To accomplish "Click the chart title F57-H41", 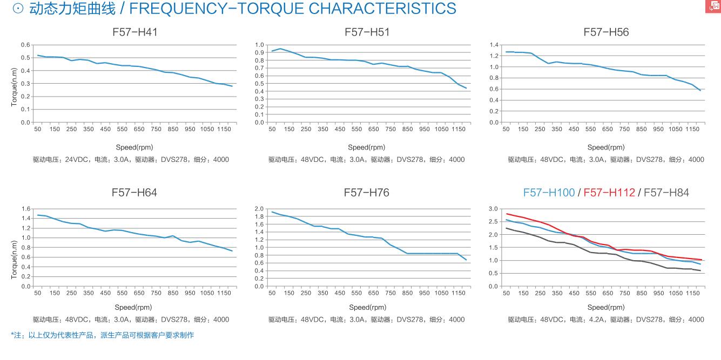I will [x=134, y=32].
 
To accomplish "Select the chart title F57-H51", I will [x=367, y=32].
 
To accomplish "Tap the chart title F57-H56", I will [x=606, y=32].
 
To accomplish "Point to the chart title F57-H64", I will [x=134, y=193].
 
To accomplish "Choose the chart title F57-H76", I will [x=367, y=193].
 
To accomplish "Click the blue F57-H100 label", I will [x=549, y=193].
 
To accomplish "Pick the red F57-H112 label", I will [x=609, y=193].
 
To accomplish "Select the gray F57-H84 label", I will [x=666, y=193].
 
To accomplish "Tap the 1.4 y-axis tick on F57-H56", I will [x=494, y=45].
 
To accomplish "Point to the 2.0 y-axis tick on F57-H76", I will [x=259, y=209].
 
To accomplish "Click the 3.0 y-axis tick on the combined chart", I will [x=494, y=209].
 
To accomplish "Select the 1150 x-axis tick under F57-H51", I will [x=459, y=129].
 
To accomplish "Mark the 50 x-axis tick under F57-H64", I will [x=38, y=293].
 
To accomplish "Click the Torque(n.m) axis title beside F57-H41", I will [x=14, y=86].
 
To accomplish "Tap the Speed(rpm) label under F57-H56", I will [x=606, y=147].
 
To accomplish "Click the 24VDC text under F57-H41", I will [x=79, y=160].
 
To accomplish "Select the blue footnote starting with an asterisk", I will [x=102, y=335].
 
